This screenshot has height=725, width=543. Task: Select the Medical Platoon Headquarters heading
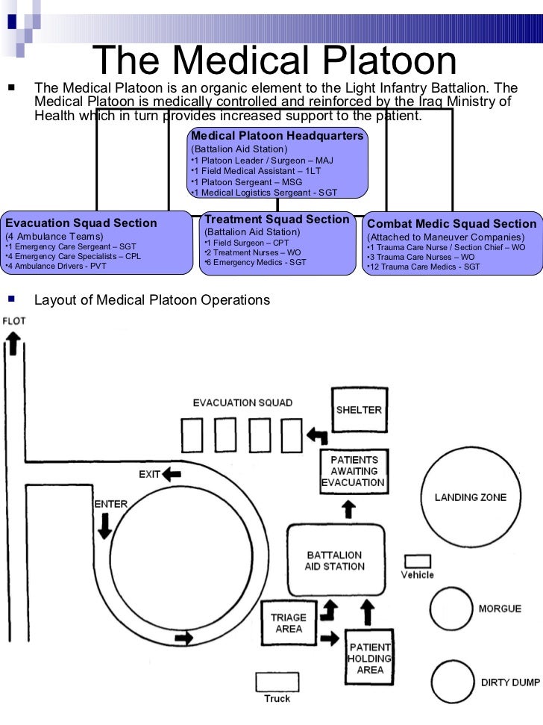pyautogui.click(x=277, y=136)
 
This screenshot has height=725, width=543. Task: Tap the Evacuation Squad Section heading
pyautogui.click(x=81, y=223)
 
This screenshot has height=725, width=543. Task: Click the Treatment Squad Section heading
pyautogui.click(x=277, y=220)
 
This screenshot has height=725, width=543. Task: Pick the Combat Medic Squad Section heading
pyautogui.click(x=452, y=223)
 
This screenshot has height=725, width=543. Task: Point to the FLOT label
pyautogui.click(x=14, y=321)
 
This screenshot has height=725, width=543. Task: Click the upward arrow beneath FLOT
pyautogui.click(x=13, y=344)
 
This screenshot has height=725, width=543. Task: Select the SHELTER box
pyautogui.click(x=359, y=410)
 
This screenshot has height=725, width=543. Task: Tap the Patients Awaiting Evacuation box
pyautogui.click(x=353, y=471)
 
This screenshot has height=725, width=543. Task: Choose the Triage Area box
pyautogui.click(x=288, y=623)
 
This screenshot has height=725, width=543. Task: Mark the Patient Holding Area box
pyautogui.click(x=369, y=658)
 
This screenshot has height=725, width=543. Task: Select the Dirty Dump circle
pyautogui.click(x=453, y=682)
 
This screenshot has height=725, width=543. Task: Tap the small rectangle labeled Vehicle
pyautogui.click(x=418, y=561)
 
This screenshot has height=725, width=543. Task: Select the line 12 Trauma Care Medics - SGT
pyautogui.click(x=423, y=267)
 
